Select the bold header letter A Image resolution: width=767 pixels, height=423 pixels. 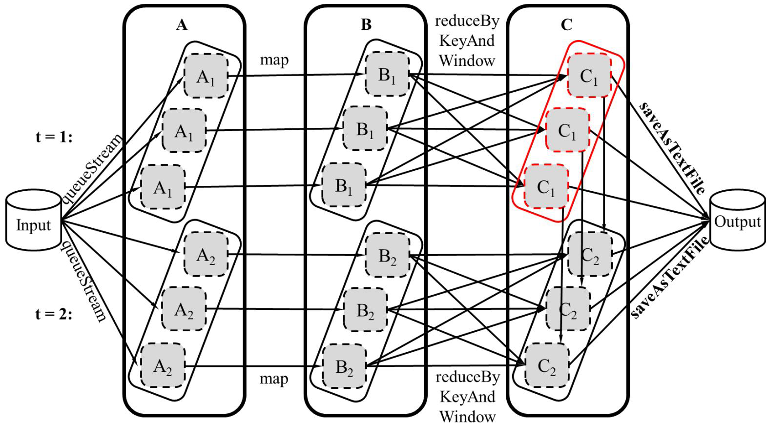click(x=182, y=25)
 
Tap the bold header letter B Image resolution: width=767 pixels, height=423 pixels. click(x=366, y=25)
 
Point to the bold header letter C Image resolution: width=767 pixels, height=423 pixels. click(x=567, y=25)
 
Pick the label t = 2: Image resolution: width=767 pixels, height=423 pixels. click(x=54, y=314)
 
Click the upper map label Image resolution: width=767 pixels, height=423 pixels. click(x=274, y=60)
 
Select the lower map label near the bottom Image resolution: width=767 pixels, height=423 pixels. click(x=274, y=379)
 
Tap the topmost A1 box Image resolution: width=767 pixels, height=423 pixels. click(x=206, y=76)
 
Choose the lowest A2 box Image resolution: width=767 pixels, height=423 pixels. click(x=163, y=365)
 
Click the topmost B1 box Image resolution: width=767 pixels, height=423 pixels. click(x=387, y=74)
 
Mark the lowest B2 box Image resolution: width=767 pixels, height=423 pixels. click(x=344, y=366)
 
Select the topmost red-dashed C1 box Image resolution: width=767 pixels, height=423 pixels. click(x=589, y=76)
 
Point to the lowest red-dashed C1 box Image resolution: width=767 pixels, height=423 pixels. click(x=546, y=186)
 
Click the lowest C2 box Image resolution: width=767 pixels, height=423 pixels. click(x=547, y=365)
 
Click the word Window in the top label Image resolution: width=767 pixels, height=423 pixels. click(x=467, y=60)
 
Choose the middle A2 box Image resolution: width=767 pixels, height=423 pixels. click(x=184, y=309)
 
